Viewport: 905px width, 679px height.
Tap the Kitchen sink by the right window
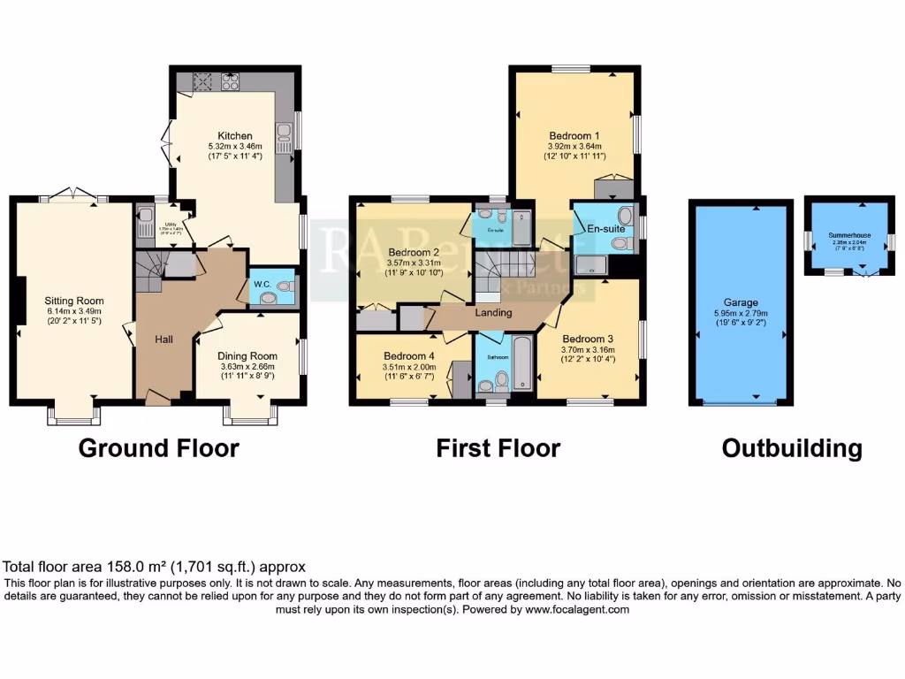coord(285,133)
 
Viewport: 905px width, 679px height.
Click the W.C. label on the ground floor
coord(262,284)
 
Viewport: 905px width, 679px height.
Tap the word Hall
coord(164,339)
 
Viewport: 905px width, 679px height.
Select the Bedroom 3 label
coord(587,339)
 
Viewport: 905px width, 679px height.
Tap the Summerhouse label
coord(849,235)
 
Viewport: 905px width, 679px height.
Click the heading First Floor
coord(498,448)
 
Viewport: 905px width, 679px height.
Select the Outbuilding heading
coord(792,448)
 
